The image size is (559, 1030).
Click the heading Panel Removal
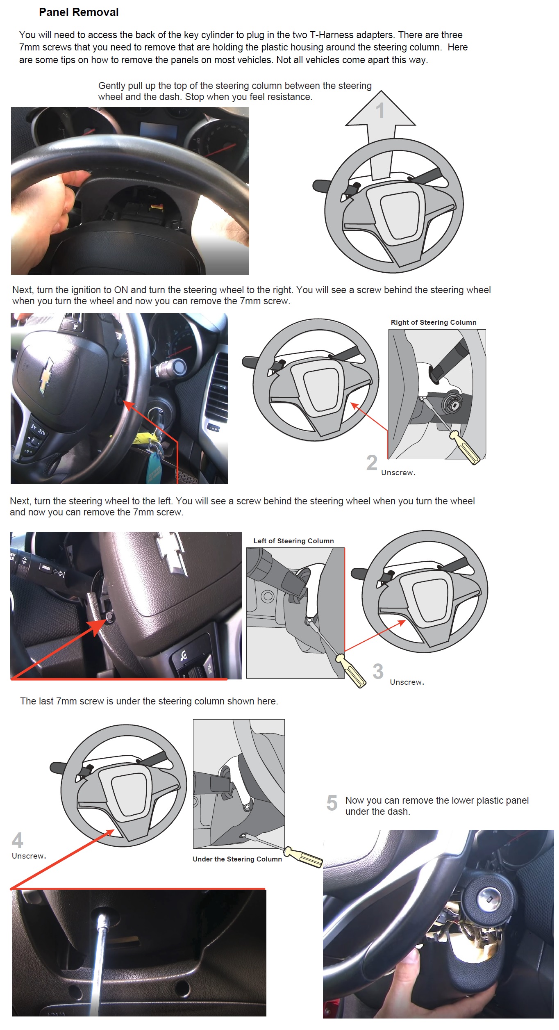click(79, 12)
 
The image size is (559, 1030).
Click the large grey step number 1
click(380, 111)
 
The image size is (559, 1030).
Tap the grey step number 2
click(372, 463)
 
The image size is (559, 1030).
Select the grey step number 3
click(378, 672)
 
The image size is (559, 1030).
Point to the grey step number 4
click(17, 840)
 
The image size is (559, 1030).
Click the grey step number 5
click(332, 803)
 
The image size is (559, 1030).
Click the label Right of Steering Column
click(433, 322)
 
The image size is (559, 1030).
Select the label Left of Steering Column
click(293, 541)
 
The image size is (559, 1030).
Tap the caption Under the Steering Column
click(237, 859)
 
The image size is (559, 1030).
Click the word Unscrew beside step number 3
click(406, 682)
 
